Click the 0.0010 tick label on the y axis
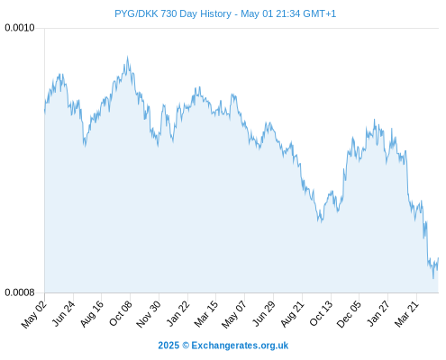(20, 28)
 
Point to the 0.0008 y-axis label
(20, 292)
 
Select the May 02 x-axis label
(34, 314)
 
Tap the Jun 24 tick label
(63, 314)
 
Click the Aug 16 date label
(92, 314)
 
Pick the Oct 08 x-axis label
(120, 314)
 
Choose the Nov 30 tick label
(149, 314)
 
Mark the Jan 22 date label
(177, 314)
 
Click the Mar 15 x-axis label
(206, 314)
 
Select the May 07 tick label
(234, 314)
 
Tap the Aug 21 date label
(292, 314)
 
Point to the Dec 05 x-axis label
(349, 314)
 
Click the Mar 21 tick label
(406, 314)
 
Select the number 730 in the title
(170, 13)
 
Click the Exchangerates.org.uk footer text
(240, 346)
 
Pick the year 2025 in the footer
(168, 346)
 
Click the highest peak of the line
(127, 57)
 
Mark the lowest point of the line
(433, 278)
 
